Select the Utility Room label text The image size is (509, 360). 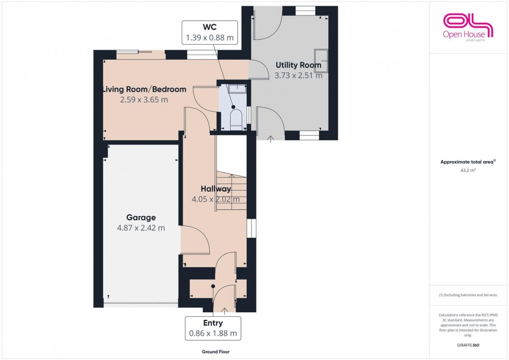coord(298,65)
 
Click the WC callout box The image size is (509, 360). coord(210,32)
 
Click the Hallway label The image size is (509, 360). coord(216,189)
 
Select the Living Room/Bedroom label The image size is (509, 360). coord(144,89)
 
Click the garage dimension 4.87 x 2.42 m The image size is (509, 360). coord(141,228)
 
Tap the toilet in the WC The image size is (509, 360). coord(235,118)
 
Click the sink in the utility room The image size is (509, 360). coord(322,60)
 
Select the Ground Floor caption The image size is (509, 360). coord(215,352)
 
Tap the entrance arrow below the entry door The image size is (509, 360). coord(225,311)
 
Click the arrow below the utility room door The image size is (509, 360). coord(271,139)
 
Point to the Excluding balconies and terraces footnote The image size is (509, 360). coord(468,295)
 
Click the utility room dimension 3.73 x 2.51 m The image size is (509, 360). coord(298,75)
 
